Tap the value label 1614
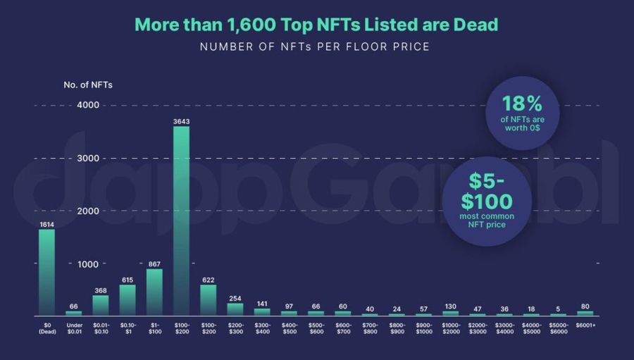[x=46, y=224]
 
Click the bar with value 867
[x=154, y=292]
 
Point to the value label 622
[x=208, y=279]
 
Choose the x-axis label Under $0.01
[x=73, y=328]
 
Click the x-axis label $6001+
[x=585, y=325]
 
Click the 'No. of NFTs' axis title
[x=88, y=85]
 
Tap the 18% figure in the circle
[x=522, y=103]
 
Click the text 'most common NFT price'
[x=487, y=220]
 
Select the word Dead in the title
[x=476, y=25]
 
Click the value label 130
[x=450, y=306]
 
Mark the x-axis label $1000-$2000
[x=450, y=328]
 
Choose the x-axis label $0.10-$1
[x=128, y=328]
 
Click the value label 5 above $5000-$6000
[x=558, y=309]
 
